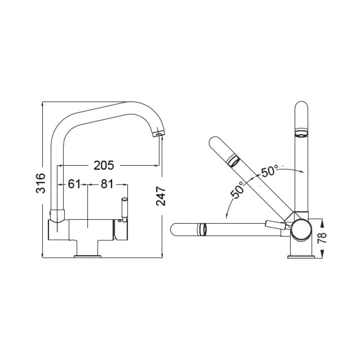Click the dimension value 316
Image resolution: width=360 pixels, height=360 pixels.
[41, 183]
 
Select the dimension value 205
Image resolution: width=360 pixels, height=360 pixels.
[104, 165]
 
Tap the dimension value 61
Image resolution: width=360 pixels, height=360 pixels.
[75, 184]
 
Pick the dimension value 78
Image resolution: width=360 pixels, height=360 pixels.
[321, 238]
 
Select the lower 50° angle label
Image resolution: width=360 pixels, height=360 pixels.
[238, 189]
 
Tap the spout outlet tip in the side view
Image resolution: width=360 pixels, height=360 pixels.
[158, 134]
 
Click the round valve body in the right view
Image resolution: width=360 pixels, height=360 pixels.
[300, 229]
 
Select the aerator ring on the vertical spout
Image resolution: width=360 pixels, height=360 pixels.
[300, 132]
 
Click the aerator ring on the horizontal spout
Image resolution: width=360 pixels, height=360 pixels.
[202, 229]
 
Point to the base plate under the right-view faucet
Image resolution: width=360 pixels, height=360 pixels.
[300, 257]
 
